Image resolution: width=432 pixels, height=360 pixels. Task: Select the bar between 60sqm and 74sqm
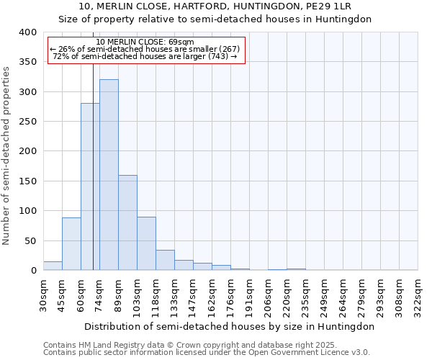[90, 187]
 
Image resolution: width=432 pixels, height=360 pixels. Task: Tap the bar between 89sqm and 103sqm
[127, 222]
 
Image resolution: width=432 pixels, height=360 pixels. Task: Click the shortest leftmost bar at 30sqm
[53, 266]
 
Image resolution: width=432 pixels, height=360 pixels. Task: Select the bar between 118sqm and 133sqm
[165, 260]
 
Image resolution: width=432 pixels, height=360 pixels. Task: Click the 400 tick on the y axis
[27, 32]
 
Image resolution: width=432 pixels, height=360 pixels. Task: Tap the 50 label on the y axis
[30, 240]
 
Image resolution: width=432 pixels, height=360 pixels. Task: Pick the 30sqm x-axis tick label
[44, 292]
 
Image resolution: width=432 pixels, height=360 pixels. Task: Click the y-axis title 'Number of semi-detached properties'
[7, 156]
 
